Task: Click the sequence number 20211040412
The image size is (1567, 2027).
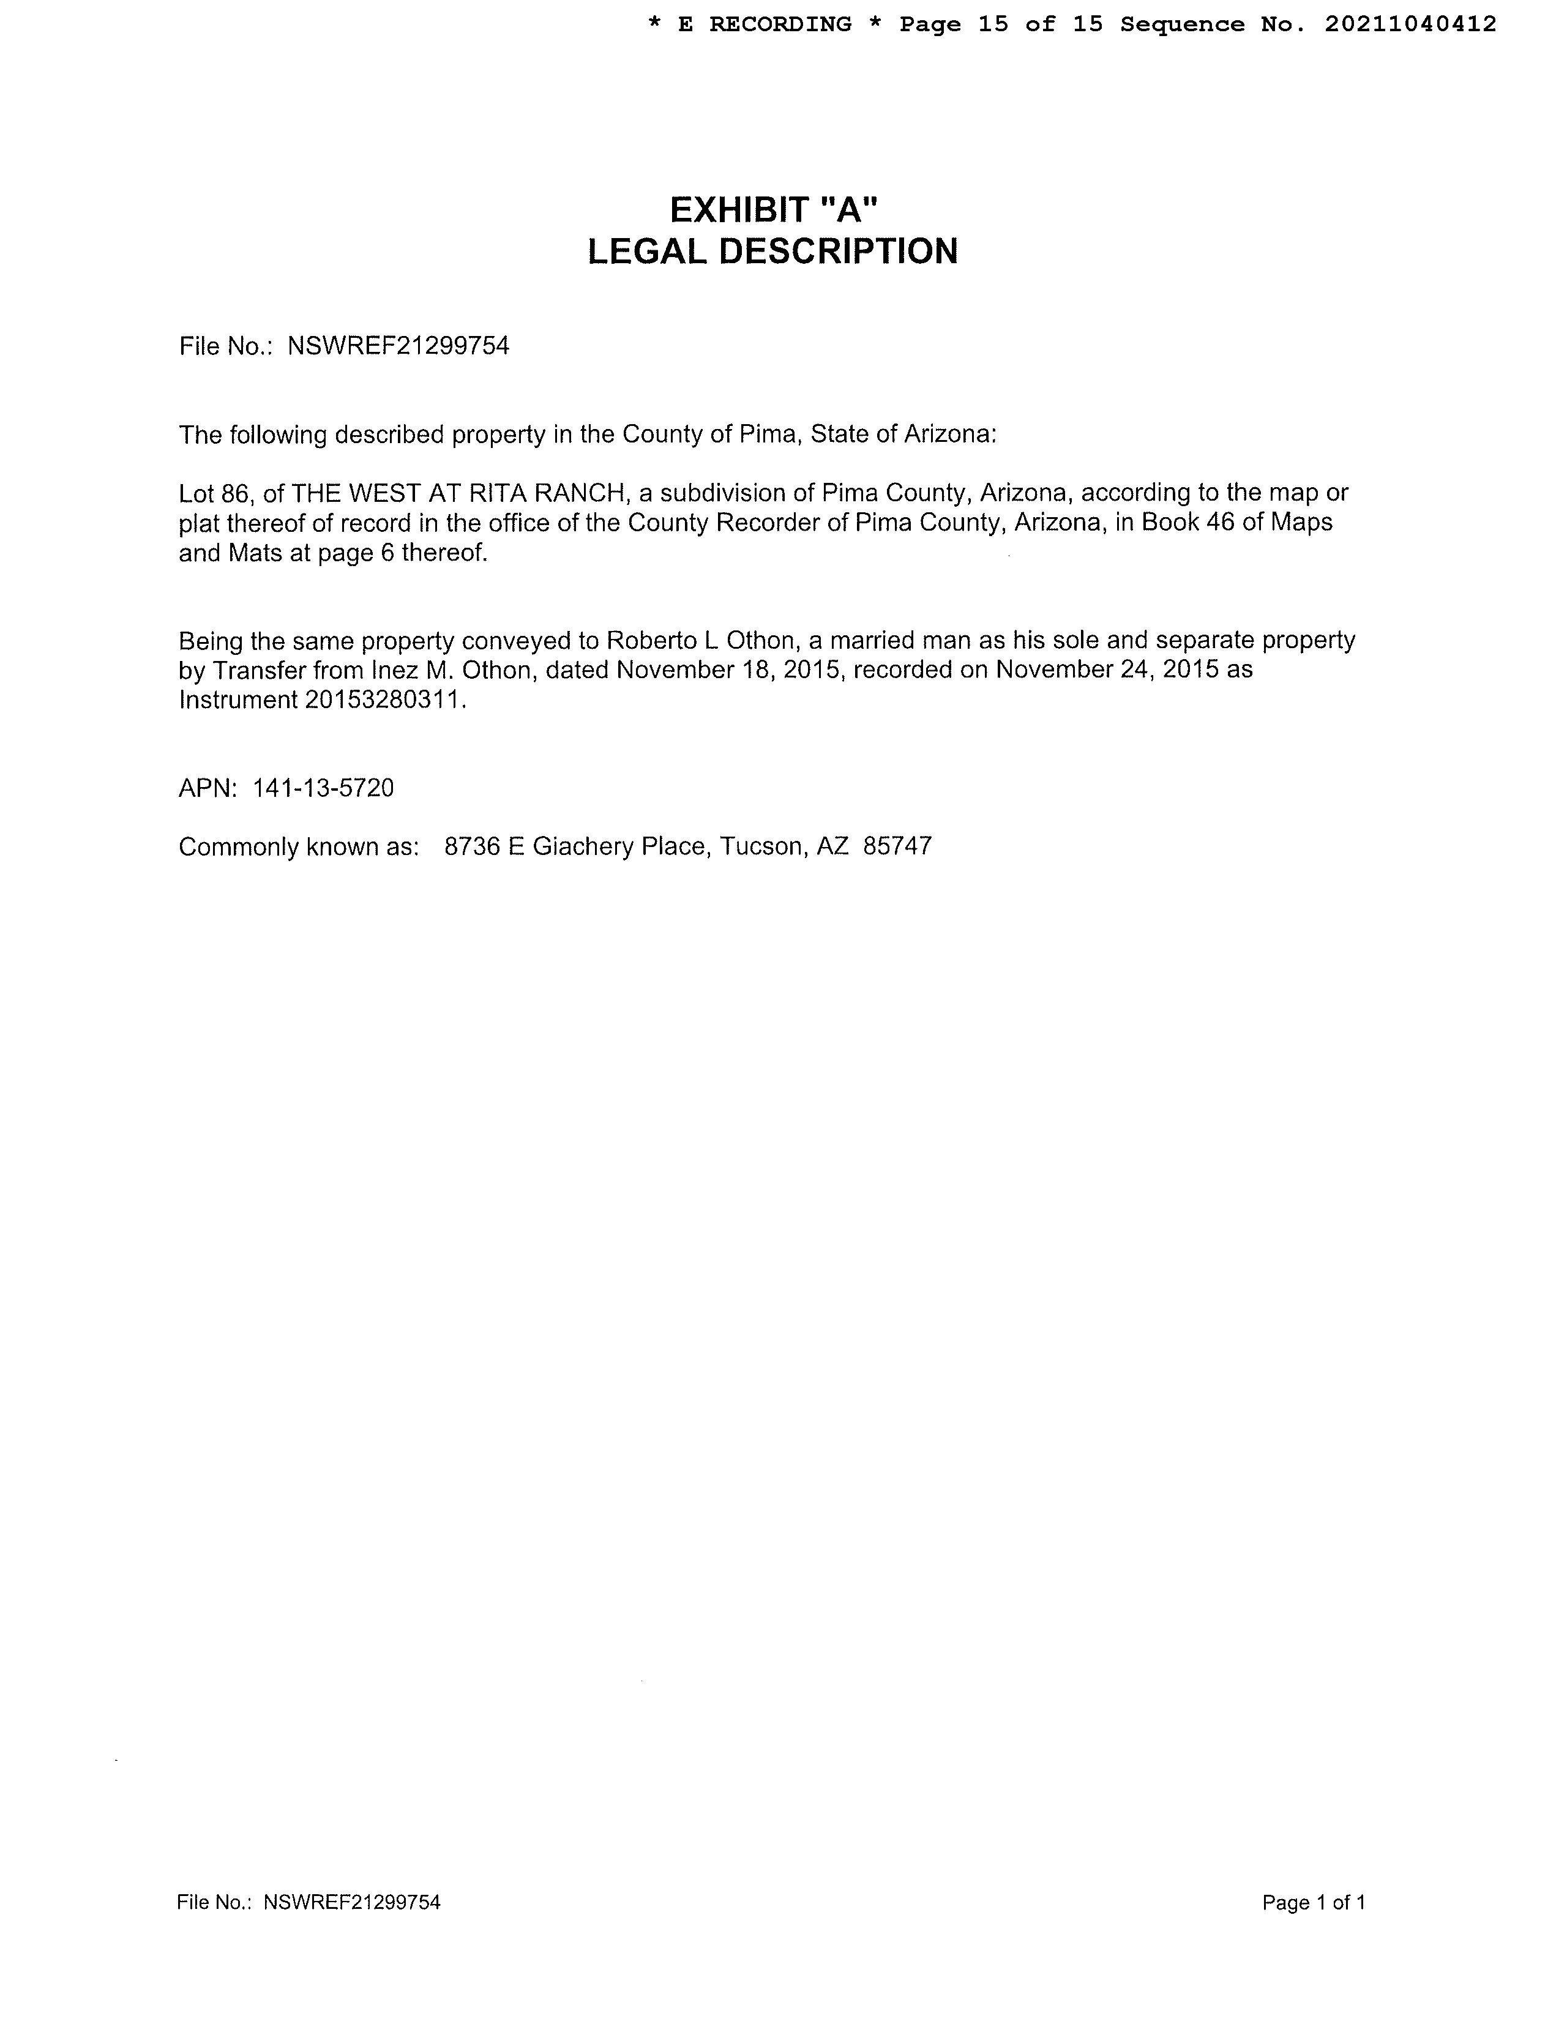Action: coord(1410,24)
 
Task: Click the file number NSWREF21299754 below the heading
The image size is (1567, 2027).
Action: coord(398,346)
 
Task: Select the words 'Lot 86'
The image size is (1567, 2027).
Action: coord(212,493)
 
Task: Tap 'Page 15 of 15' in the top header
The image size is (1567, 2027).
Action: coord(1001,24)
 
